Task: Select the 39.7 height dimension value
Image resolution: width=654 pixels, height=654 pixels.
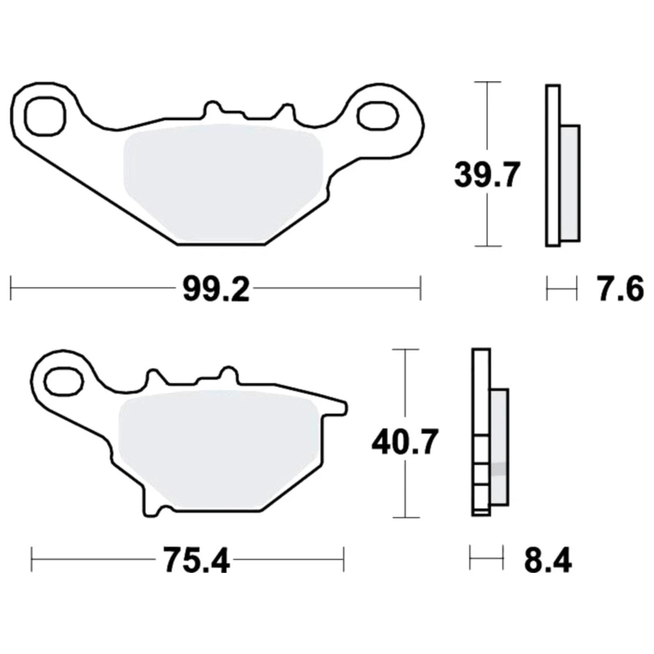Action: tap(487, 175)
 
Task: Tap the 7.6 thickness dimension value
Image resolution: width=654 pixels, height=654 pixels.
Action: tap(621, 290)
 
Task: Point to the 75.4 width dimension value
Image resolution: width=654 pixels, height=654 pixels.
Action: tap(196, 561)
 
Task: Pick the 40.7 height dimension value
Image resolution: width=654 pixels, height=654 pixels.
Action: tap(405, 442)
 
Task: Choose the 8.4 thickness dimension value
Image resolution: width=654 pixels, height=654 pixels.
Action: tap(548, 561)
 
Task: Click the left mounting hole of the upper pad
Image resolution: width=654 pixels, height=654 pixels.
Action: tap(46, 116)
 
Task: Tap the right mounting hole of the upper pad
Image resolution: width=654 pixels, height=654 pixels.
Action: tap(377, 115)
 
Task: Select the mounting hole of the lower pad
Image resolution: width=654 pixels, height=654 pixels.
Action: tap(64, 382)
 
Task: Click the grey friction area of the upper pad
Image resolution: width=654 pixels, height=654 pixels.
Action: tap(223, 184)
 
